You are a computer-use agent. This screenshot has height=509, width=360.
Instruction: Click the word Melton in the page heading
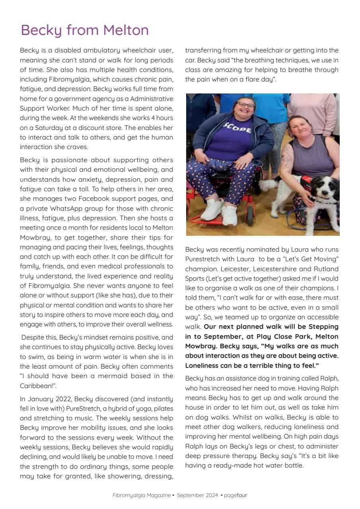click(126, 30)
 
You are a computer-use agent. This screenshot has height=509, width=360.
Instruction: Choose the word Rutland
click(324, 269)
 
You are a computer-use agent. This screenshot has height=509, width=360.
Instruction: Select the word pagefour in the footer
click(235, 495)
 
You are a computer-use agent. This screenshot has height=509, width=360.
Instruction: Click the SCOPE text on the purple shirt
click(237, 128)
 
